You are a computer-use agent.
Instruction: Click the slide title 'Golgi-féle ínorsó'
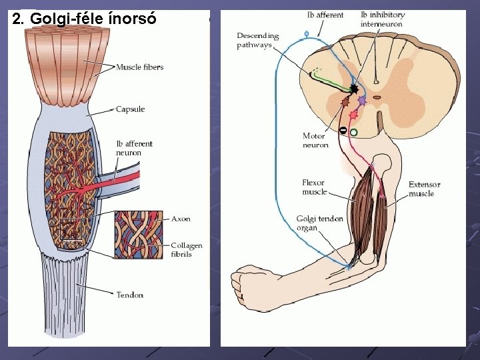point(84,18)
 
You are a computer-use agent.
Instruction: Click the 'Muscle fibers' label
point(139,67)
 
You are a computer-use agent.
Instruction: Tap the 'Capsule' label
point(130,109)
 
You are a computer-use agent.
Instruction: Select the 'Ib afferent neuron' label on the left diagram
point(134,148)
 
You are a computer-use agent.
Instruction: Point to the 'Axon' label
point(181,219)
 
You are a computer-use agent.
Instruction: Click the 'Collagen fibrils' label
point(186,250)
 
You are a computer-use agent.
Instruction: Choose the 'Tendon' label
point(129,295)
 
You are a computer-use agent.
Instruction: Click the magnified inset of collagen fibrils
point(139,234)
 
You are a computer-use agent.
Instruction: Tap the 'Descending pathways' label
point(258,40)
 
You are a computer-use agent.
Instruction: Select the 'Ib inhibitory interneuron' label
point(382,19)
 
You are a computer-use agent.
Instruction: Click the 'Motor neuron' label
point(315,141)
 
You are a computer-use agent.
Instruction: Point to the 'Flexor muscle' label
point(315,187)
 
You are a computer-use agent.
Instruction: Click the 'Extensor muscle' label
point(424,189)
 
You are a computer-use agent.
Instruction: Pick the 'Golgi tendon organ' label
point(320,223)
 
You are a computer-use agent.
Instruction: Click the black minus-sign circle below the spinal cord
point(343,130)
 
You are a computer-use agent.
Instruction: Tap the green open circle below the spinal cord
point(353,133)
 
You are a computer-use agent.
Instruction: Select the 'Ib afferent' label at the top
point(325,15)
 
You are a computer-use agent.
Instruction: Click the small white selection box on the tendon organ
point(71,229)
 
